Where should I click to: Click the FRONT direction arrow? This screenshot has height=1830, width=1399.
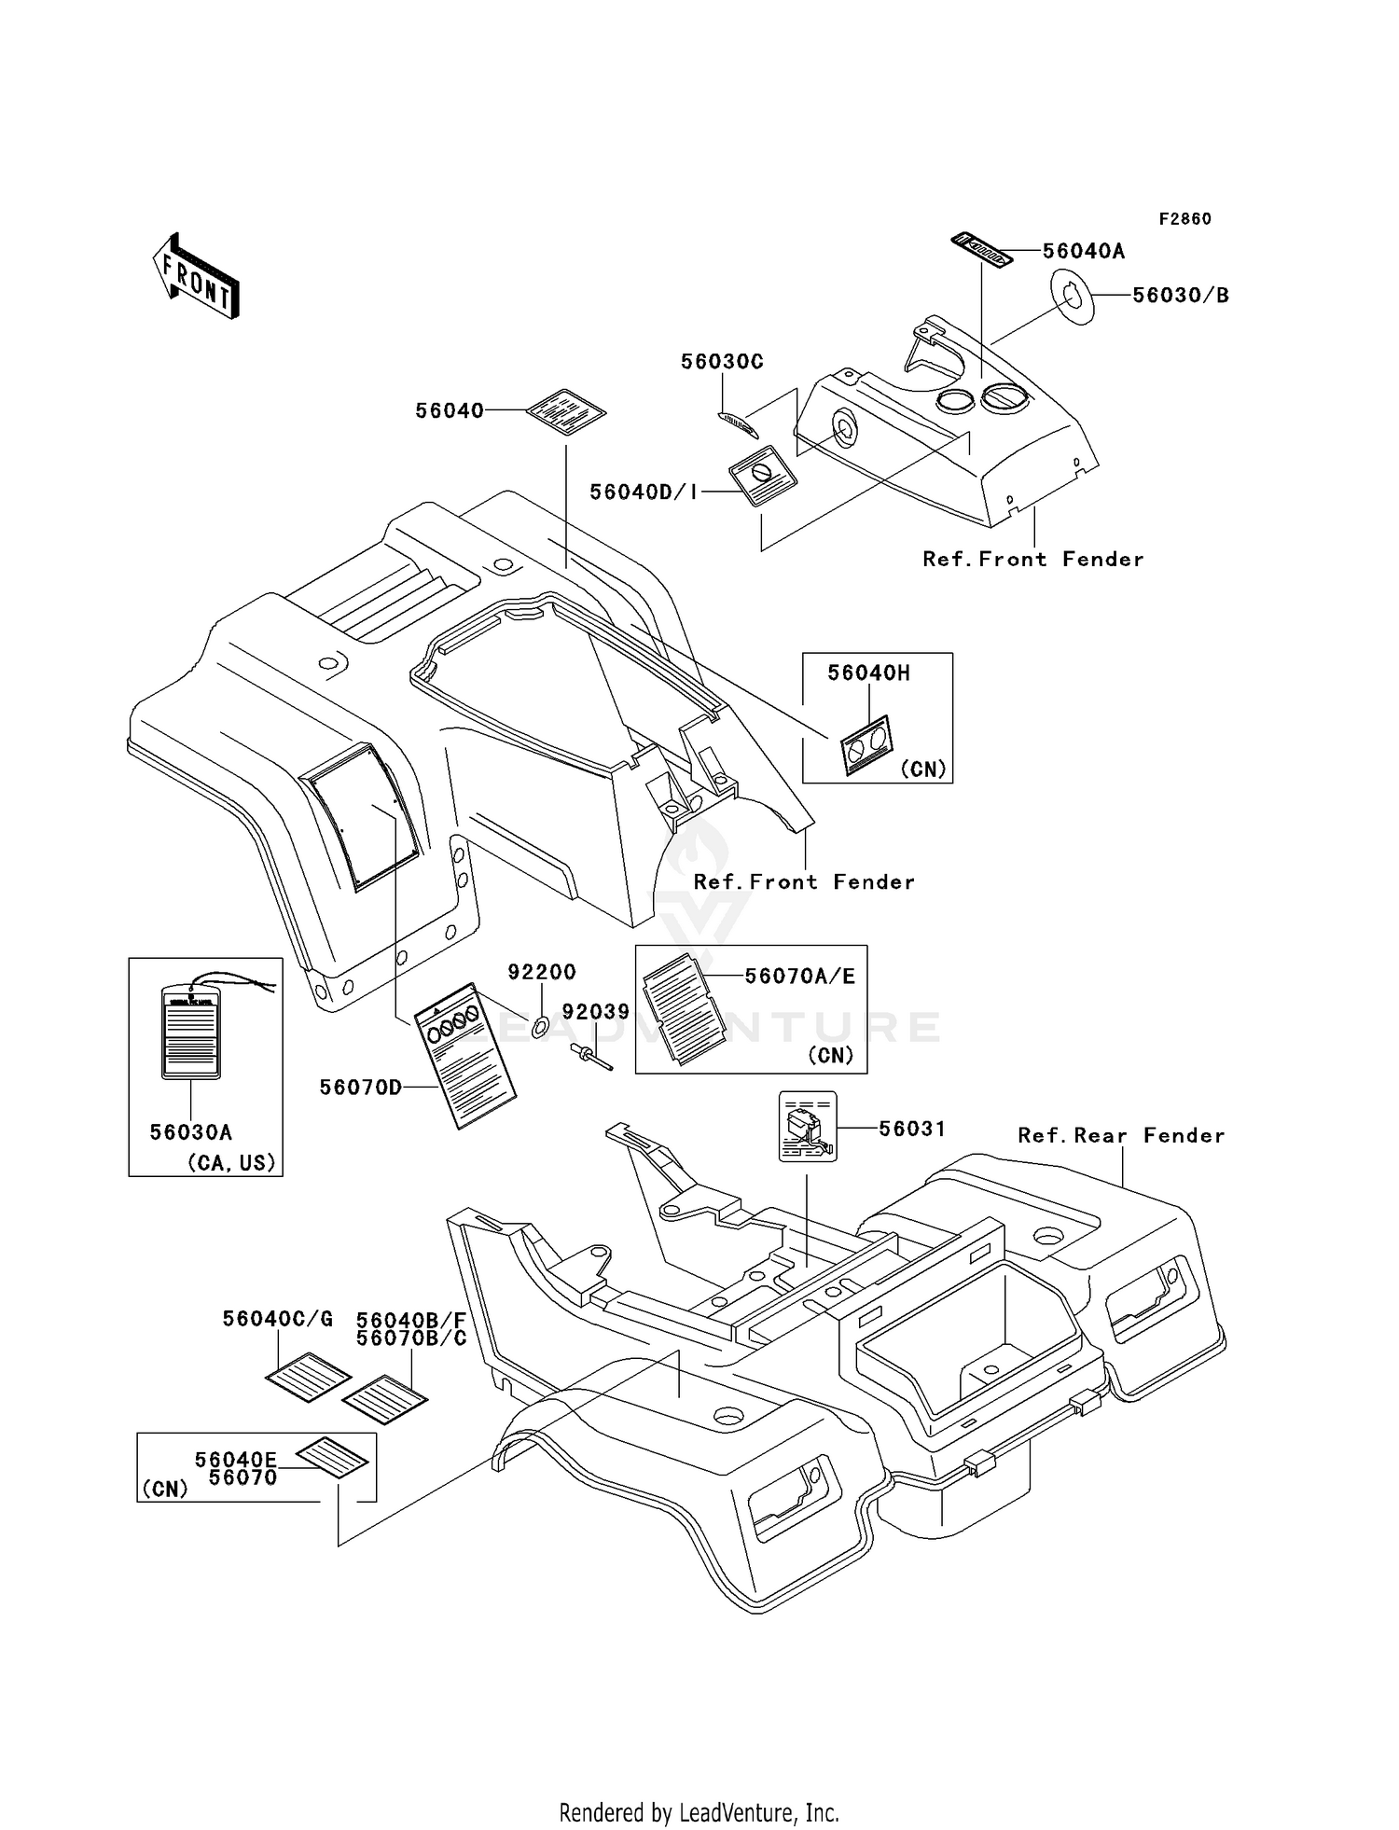tap(197, 275)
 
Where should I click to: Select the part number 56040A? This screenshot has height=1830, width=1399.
tap(1083, 251)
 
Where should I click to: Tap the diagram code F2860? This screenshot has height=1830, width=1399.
tap(1184, 219)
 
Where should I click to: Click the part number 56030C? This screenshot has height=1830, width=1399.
tap(722, 362)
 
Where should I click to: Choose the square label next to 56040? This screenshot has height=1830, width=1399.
tap(566, 412)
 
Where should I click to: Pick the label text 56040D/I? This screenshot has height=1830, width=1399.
tap(644, 492)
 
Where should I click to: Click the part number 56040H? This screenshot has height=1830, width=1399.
tap(868, 672)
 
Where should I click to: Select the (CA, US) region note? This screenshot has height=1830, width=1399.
tap(232, 1163)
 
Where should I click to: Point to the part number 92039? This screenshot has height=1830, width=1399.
tap(595, 1012)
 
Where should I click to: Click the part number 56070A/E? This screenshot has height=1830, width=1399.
tap(799, 976)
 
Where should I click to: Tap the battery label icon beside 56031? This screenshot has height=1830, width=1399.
tap(808, 1127)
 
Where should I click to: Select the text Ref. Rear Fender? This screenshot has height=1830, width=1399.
tap(1121, 1135)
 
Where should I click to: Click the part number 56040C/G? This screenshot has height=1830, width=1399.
tap(277, 1319)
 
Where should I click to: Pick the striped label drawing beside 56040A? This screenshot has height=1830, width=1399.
tap(981, 250)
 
